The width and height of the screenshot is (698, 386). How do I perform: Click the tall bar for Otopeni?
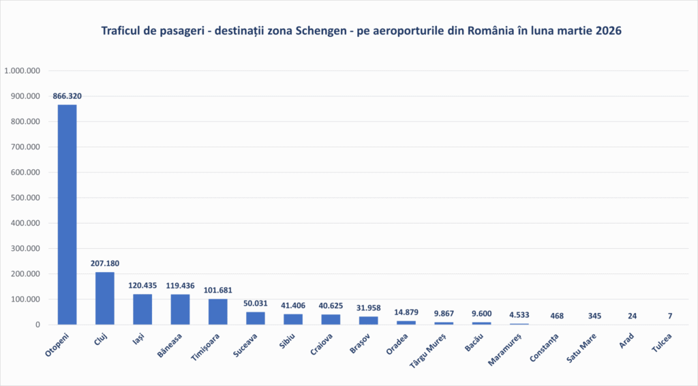pyautogui.click(x=67, y=214)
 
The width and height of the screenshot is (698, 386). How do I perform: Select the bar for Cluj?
pyautogui.click(x=104, y=298)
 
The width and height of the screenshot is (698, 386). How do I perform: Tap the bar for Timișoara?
pyautogui.click(x=218, y=312)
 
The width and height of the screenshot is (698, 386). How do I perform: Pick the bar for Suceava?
pyautogui.click(x=256, y=318)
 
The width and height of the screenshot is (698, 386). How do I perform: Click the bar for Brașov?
pyautogui.click(x=369, y=321)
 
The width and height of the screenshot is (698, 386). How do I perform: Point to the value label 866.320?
pyautogui.click(x=67, y=96)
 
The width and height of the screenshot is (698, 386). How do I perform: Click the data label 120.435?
pyautogui.click(x=142, y=286)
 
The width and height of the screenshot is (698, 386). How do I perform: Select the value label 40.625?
pyautogui.click(x=331, y=306)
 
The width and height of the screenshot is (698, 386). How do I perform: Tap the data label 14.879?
pyautogui.click(x=406, y=313)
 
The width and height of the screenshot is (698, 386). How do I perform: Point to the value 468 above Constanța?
pyautogui.click(x=557, y=316)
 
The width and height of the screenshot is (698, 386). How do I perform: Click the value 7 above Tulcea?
pyautogui.click(x=670, y=316)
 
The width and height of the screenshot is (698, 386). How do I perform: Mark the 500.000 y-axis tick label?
pyautogui.click(x=27, y=198)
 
